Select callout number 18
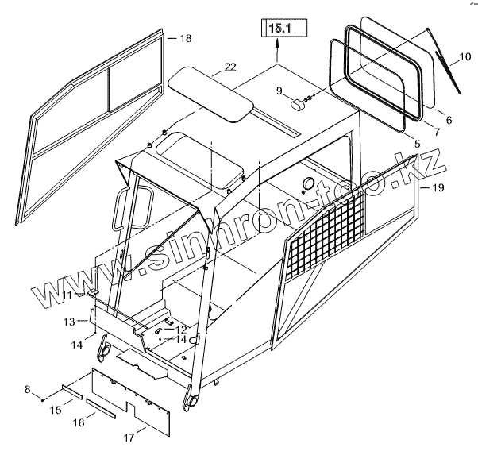185,38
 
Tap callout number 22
229,67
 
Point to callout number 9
279,91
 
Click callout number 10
464,58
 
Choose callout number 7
437,130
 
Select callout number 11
69,295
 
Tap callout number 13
69,322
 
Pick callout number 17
127,436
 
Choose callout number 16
79,423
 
